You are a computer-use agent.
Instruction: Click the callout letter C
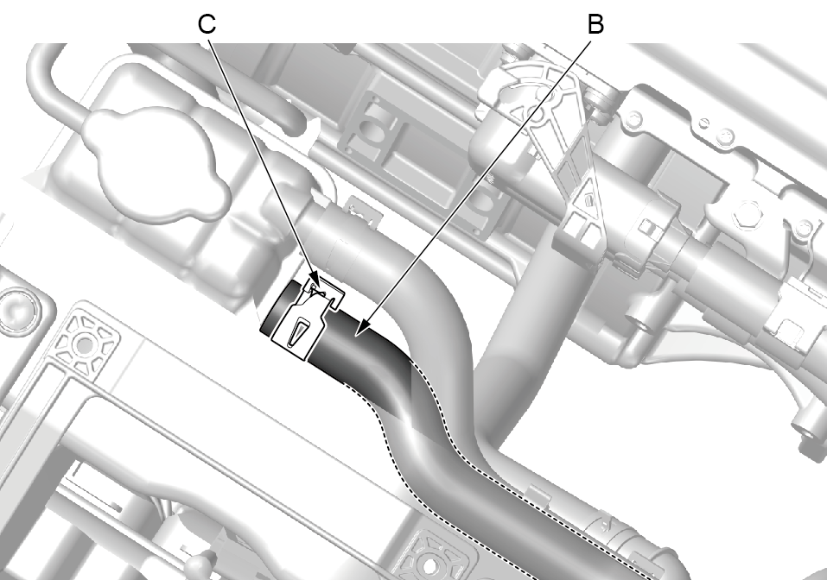pos(207,24)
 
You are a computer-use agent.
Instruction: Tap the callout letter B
pos(595,24)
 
